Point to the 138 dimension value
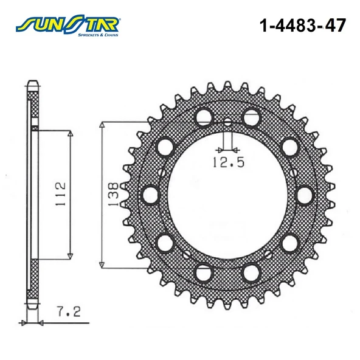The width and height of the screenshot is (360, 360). (x=112, y=193)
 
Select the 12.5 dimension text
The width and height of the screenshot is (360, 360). (x=226, y=162)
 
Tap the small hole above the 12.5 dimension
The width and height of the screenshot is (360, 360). (x=227, y=122)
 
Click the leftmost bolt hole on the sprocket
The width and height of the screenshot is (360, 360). (x=149, y=194)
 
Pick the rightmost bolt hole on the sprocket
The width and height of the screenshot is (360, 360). (x=304, y=194)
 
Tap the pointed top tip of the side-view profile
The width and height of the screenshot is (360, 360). (x=34, y=82)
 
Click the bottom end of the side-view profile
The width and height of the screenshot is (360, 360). (x=34, y=307)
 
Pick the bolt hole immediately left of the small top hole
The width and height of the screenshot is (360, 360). (x=202, y=117)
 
